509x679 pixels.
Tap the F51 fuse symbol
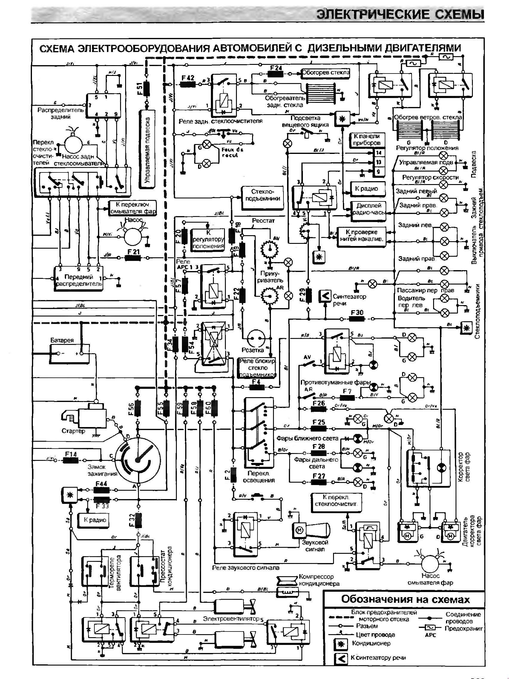coord(147,88)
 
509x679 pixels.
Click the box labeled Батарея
coord(69,353)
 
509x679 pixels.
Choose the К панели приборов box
coord(367,140)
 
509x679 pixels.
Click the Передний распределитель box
coord(79,279)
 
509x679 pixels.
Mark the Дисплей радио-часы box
coord(369,209)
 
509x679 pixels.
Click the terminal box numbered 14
coord(378,152)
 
